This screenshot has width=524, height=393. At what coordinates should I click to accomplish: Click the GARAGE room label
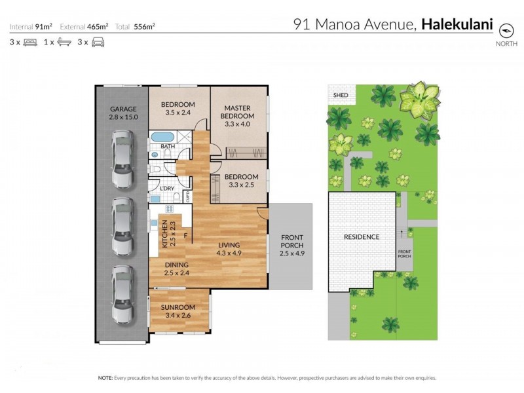click(122, 109)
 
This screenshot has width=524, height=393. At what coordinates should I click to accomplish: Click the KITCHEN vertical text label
click(164, 233)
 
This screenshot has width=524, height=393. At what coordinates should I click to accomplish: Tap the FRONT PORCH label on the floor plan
click(291, 242)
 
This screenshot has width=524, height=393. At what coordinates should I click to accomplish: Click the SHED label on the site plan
click(341, 96)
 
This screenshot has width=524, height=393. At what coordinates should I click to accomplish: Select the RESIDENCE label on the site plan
click(362, 236)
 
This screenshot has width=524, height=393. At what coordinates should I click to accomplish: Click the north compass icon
click(506, 30)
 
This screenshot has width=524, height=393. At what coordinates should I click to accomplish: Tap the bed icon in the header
click(30, 42)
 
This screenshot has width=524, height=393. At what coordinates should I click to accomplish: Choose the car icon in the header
click(98, 42)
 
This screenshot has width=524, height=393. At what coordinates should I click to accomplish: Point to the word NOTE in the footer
click(105, 378)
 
